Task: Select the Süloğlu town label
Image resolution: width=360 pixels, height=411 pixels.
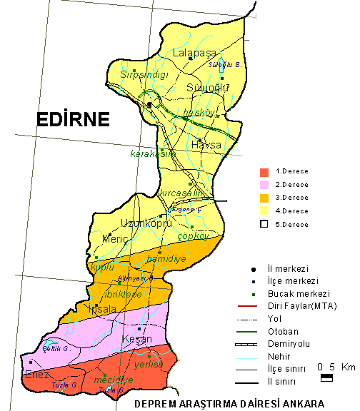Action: (x=207, y=88)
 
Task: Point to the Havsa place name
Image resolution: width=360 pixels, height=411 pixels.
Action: (x=206, y=146)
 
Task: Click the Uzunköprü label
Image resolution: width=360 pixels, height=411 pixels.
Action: (x=146, y=223)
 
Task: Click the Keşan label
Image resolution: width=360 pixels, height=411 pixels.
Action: (x=137, y=339)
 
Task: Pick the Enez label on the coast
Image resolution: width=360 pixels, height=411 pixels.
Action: (x=37, y=375)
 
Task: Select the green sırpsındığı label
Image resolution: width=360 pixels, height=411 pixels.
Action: (x=144, y=74)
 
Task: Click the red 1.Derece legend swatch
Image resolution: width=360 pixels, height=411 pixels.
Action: (x=264, y=172)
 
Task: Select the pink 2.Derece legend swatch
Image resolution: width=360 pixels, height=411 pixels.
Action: (x=264, y=185)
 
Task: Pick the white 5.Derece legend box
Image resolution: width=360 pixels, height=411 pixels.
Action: (x=264, y=223)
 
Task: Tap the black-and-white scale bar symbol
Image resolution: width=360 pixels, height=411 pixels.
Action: (x=326, y=378)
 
